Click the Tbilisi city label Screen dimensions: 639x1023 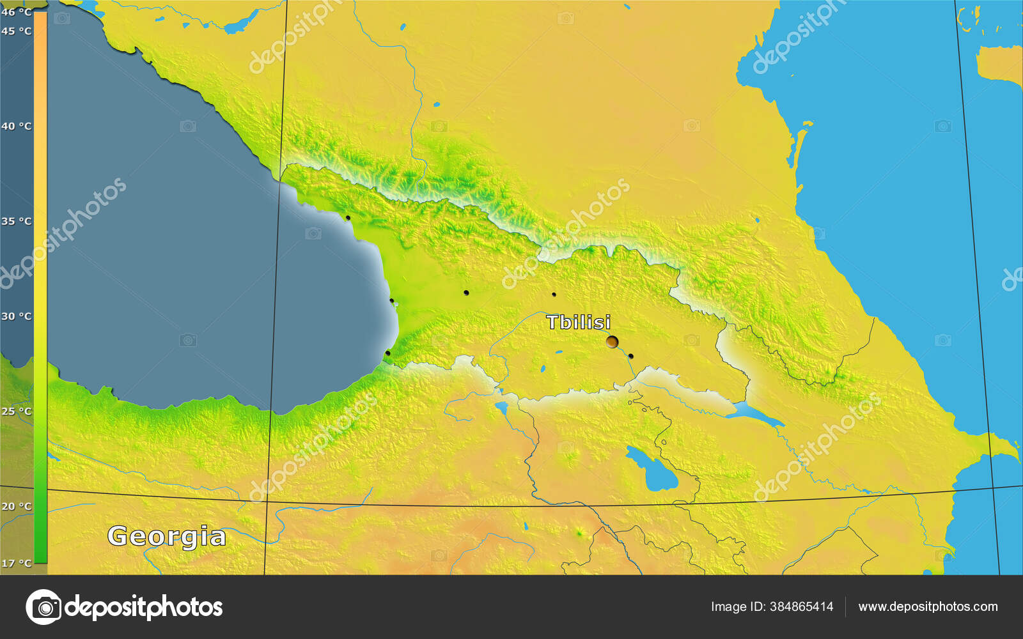(578, 322)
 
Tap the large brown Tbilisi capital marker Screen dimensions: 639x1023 (612, 342)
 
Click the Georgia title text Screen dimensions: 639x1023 (166, 536)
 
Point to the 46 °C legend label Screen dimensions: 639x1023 (16, 12)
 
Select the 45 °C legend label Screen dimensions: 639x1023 (16, 31)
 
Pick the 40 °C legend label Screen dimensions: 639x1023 (16, 126)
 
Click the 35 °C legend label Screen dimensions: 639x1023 (16, 221)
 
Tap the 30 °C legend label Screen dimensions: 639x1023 (16, 316)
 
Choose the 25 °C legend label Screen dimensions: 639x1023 (16, 411)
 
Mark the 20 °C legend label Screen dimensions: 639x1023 (16, 506)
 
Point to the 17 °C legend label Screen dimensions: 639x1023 (16, 563)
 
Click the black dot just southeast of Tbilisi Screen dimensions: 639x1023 (630, 356)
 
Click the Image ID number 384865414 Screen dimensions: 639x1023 (802, 607)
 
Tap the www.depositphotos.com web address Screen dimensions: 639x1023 (928, 607)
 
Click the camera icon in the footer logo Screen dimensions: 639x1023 (43, 607)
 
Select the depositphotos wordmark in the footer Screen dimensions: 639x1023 (144, 607)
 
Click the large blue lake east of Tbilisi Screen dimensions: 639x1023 (754, 413)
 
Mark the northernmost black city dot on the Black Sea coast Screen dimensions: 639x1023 (348, 218)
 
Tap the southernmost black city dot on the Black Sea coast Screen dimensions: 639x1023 (387, 353)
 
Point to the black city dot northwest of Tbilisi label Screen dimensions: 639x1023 (554, 295)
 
